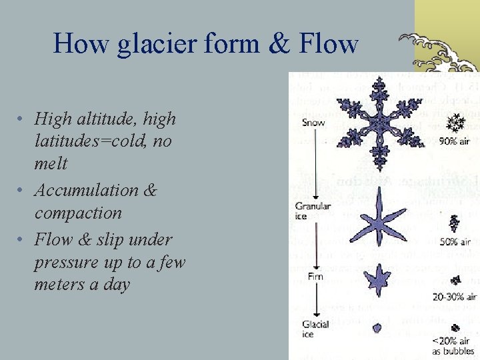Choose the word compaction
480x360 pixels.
pyautogui.click(x=78, y=213)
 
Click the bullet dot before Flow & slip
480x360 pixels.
pyautogui.click(x=23, y=239)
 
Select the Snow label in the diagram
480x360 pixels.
pyautogui.click(x=313, y=123)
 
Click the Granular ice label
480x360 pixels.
pyautogui.click(x=312, y=211)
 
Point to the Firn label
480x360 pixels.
pyautogui.click(x=315, y=275)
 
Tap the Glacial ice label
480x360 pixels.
pyautogui.click(x=316, y=329)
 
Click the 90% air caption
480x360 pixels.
pyautogui.click(x=456, y=141)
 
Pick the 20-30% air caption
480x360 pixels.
pyautogui.click(x=453, y=297)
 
